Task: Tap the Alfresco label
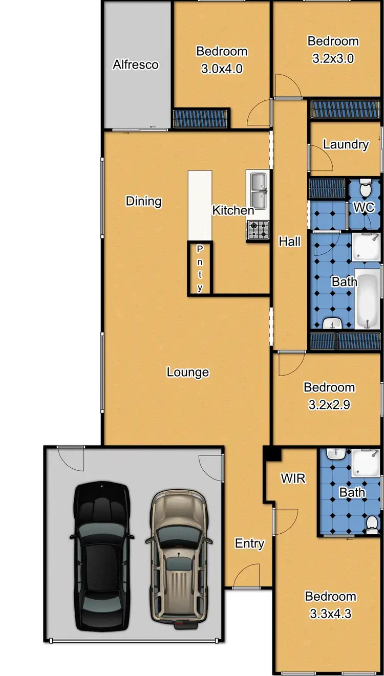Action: pyautogui.click(x=136, y=65)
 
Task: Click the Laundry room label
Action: pyautogui.click(x=346, y=145)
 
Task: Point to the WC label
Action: pyautogui.click(x=365, y=208)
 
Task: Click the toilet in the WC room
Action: pyautogui.click(x=365, y=189)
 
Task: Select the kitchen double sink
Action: pyautogui.click(x=258, y=189)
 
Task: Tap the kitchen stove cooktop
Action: pyautogui.click(x=259, y=230)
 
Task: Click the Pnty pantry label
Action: pyautogui.click(x=200, y=268)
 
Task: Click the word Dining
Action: pyautogui.click(x=143, y=201)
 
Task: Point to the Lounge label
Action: pyautogui.click(x=188, y=372)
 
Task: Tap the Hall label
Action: pyautogui.click(x=289, y=241)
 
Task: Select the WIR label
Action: pyautogui.click(x=293, y=478)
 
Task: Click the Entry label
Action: pyautogui.click(x=249, y=543)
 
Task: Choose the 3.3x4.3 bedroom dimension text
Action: pyautogui.click(x=330, y=613)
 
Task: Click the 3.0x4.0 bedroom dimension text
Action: pyautogui.click(x=222, y=69)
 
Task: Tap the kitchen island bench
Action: pyautogui.click(x=200, y=205)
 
